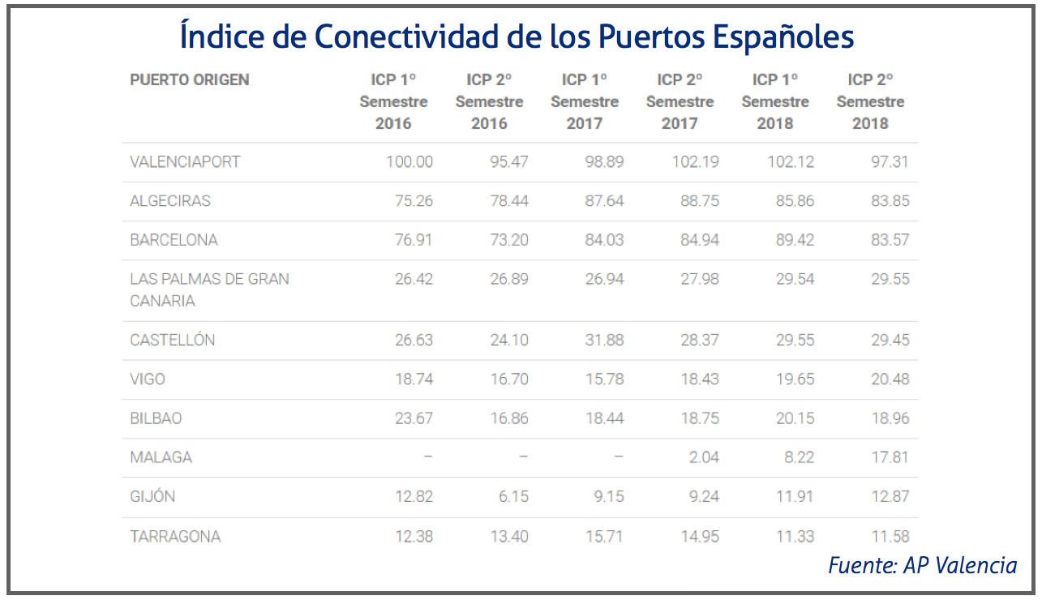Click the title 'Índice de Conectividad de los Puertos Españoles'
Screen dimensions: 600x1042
(517, 36)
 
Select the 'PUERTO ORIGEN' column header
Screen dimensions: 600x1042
(189, 80)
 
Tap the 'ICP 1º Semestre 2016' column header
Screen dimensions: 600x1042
(393, 101)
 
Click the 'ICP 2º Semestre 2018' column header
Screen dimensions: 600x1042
(870, 101)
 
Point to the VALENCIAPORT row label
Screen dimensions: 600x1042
(185, 161)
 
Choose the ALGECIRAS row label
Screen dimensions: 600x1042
(169, 201)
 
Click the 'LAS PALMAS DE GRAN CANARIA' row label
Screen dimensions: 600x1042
(209, 289)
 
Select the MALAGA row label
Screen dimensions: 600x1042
(161, 457)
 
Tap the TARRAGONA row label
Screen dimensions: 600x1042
(175, 536)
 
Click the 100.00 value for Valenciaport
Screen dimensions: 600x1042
(409, 161)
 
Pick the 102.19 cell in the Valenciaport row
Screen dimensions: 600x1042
(695, 161)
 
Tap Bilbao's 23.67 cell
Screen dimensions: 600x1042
(413, 418)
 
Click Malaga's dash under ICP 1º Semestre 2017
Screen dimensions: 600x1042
(619, 457)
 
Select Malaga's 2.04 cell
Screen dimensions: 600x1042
(703, 457)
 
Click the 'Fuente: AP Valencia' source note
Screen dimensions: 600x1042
(922, 565)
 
